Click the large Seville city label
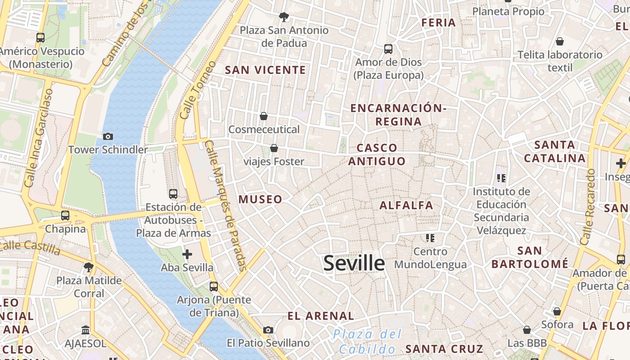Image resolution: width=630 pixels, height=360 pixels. tap(354, 263)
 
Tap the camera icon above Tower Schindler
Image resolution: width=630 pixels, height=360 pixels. tap(108, 136)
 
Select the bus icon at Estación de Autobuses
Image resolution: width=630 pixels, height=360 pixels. tap(173, 194)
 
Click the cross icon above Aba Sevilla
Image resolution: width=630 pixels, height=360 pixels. tap(187, 254)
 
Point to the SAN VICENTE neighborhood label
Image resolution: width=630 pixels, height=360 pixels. tap(265, 70)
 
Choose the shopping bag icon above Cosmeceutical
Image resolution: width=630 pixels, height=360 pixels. tap(264, 116)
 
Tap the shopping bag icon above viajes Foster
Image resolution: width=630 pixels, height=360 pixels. tap(274, 148)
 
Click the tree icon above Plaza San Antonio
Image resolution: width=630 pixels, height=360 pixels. tap(284, 17)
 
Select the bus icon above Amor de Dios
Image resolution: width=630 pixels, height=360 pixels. tap(388, 49)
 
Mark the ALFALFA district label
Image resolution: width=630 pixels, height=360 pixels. tap(406, 206)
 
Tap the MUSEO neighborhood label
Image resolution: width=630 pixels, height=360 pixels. tap(261, 199)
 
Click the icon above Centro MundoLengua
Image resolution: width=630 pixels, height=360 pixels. tap(430, 238)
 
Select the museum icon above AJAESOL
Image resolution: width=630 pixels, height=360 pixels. tap(85, 330)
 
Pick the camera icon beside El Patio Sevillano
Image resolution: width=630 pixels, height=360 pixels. tap(268, 330)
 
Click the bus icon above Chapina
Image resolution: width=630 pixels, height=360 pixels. tap(65, 216)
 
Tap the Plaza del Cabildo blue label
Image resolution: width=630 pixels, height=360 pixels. tap(367, 342)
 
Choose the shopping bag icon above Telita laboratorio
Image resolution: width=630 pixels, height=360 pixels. tap(560, 41)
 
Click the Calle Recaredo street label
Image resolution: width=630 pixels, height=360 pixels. tap(588, 207)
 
